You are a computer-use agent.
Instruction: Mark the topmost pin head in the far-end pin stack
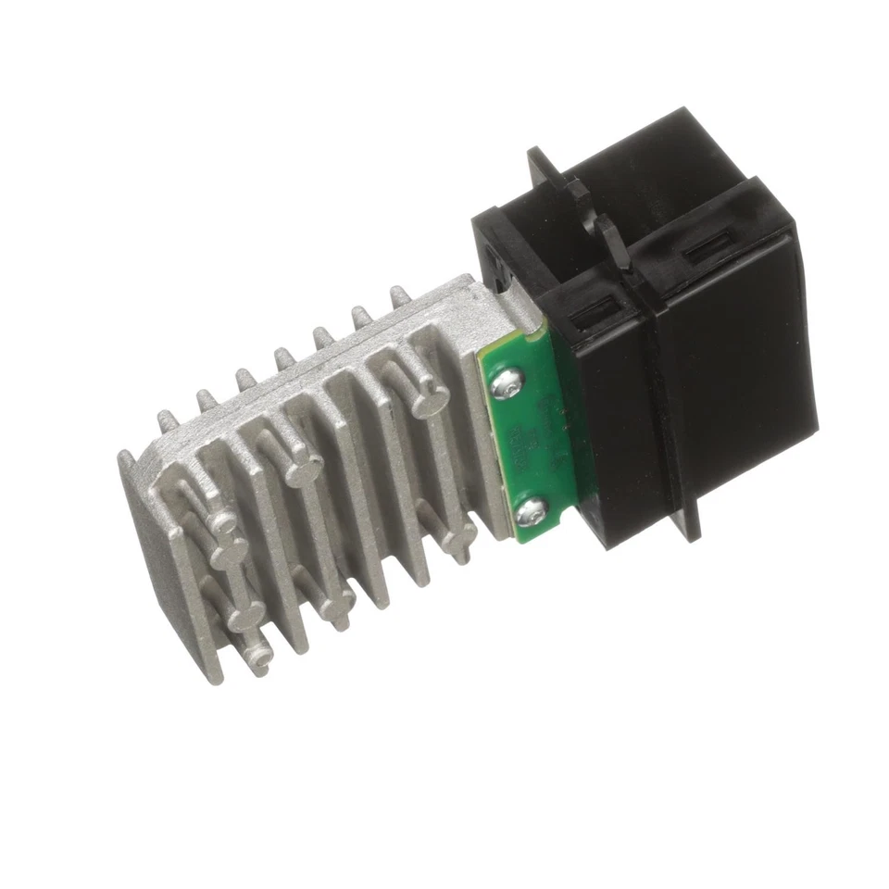(x=223, y=523)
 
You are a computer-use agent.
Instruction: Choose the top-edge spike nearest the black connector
(x=400, y=296)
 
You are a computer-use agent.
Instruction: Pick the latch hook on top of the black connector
(x=593, y=208)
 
